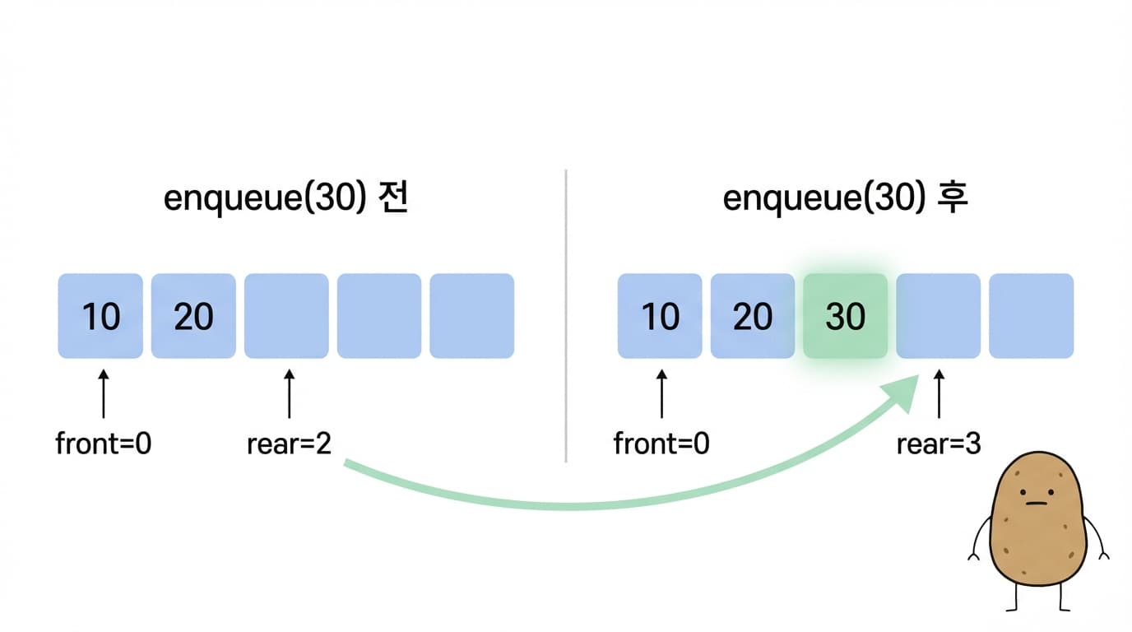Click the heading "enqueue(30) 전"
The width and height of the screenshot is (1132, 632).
tap(286, 200)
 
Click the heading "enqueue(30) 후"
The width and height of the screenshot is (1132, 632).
tap(845, 200)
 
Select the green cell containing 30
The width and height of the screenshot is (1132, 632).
tap(846, 317)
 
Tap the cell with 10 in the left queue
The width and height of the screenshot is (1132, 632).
tap(100, 317)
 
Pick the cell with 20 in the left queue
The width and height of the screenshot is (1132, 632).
tap(193, 317)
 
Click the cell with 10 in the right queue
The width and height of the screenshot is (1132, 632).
tap(660, 317)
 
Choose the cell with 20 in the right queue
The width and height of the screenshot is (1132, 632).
tap(753, 317)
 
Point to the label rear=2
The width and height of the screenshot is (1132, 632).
tap(289, 444)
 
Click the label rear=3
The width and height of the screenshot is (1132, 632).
tap(939, 444)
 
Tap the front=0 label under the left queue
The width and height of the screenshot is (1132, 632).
tap(104, 444)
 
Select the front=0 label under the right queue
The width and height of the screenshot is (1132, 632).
tap(661, 444)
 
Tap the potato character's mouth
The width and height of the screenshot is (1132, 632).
tap(1037, 502)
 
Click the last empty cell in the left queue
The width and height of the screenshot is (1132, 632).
tap(472, 317)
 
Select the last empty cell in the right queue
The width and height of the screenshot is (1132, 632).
tap(1031, 317)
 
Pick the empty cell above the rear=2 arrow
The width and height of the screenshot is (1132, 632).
tap(286, 317)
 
